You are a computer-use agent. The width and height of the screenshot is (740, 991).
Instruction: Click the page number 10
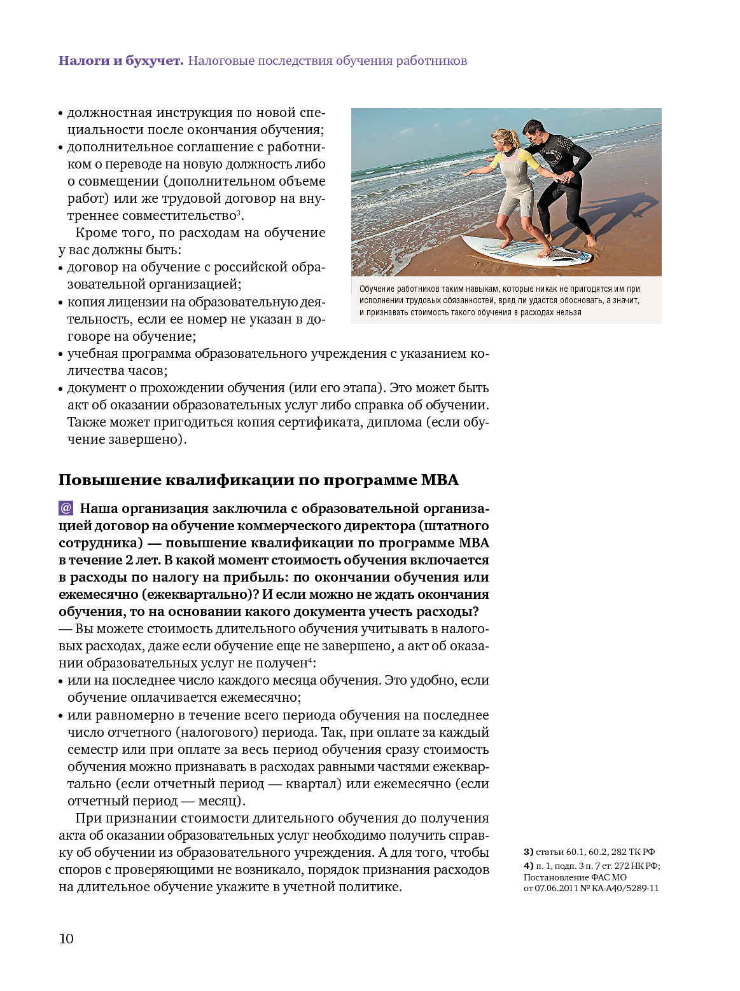[66, 939]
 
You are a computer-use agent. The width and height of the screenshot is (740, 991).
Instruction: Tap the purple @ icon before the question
[66, 509]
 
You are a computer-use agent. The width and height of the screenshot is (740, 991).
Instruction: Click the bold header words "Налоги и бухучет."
[121, 61]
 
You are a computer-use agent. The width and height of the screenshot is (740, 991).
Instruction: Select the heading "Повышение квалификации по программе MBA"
[258, 480]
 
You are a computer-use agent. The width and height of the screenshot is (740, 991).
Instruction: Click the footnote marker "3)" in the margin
[528, 852]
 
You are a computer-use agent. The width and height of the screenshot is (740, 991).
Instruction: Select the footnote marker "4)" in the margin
[528, 866]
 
